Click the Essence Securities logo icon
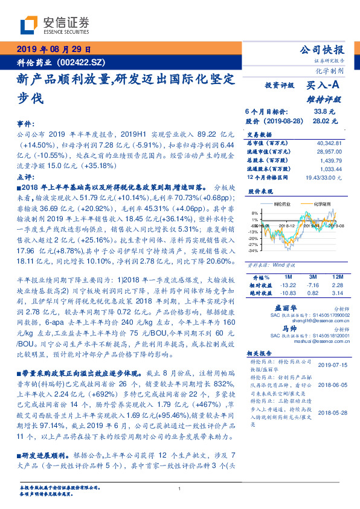coord(28,26)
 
